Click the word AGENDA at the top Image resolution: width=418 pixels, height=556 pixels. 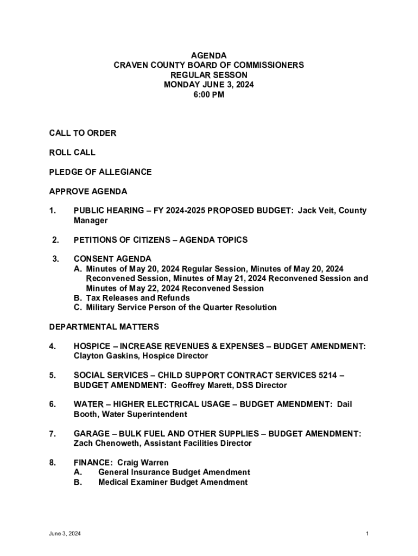point(208,55)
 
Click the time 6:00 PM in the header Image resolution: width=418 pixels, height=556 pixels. point(208,94)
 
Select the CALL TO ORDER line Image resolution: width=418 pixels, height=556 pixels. point(83,133)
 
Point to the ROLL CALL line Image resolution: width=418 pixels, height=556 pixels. point(72,153)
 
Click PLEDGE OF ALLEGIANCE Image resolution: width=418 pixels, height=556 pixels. point(100,172)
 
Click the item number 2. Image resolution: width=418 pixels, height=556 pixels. point(55,239)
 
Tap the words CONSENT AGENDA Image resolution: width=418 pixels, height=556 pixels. point(112,259)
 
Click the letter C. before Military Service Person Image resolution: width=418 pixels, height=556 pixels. point(78,307)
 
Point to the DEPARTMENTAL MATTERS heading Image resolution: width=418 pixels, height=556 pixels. point(104,327)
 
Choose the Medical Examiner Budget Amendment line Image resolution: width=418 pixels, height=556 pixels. point(173,482)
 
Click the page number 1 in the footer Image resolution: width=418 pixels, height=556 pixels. point(368,534)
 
